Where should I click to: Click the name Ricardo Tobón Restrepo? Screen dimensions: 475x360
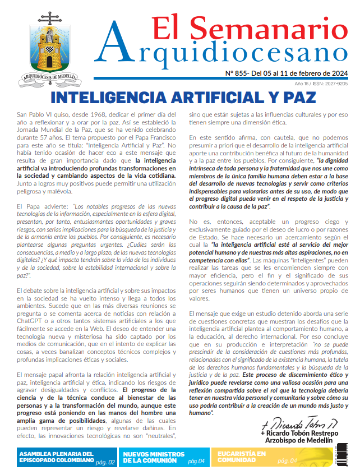point(300,434)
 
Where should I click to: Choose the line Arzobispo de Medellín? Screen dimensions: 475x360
point(308,441)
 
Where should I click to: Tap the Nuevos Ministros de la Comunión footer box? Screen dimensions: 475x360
point(163,457)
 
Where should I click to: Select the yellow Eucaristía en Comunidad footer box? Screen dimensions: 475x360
point(264,457)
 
